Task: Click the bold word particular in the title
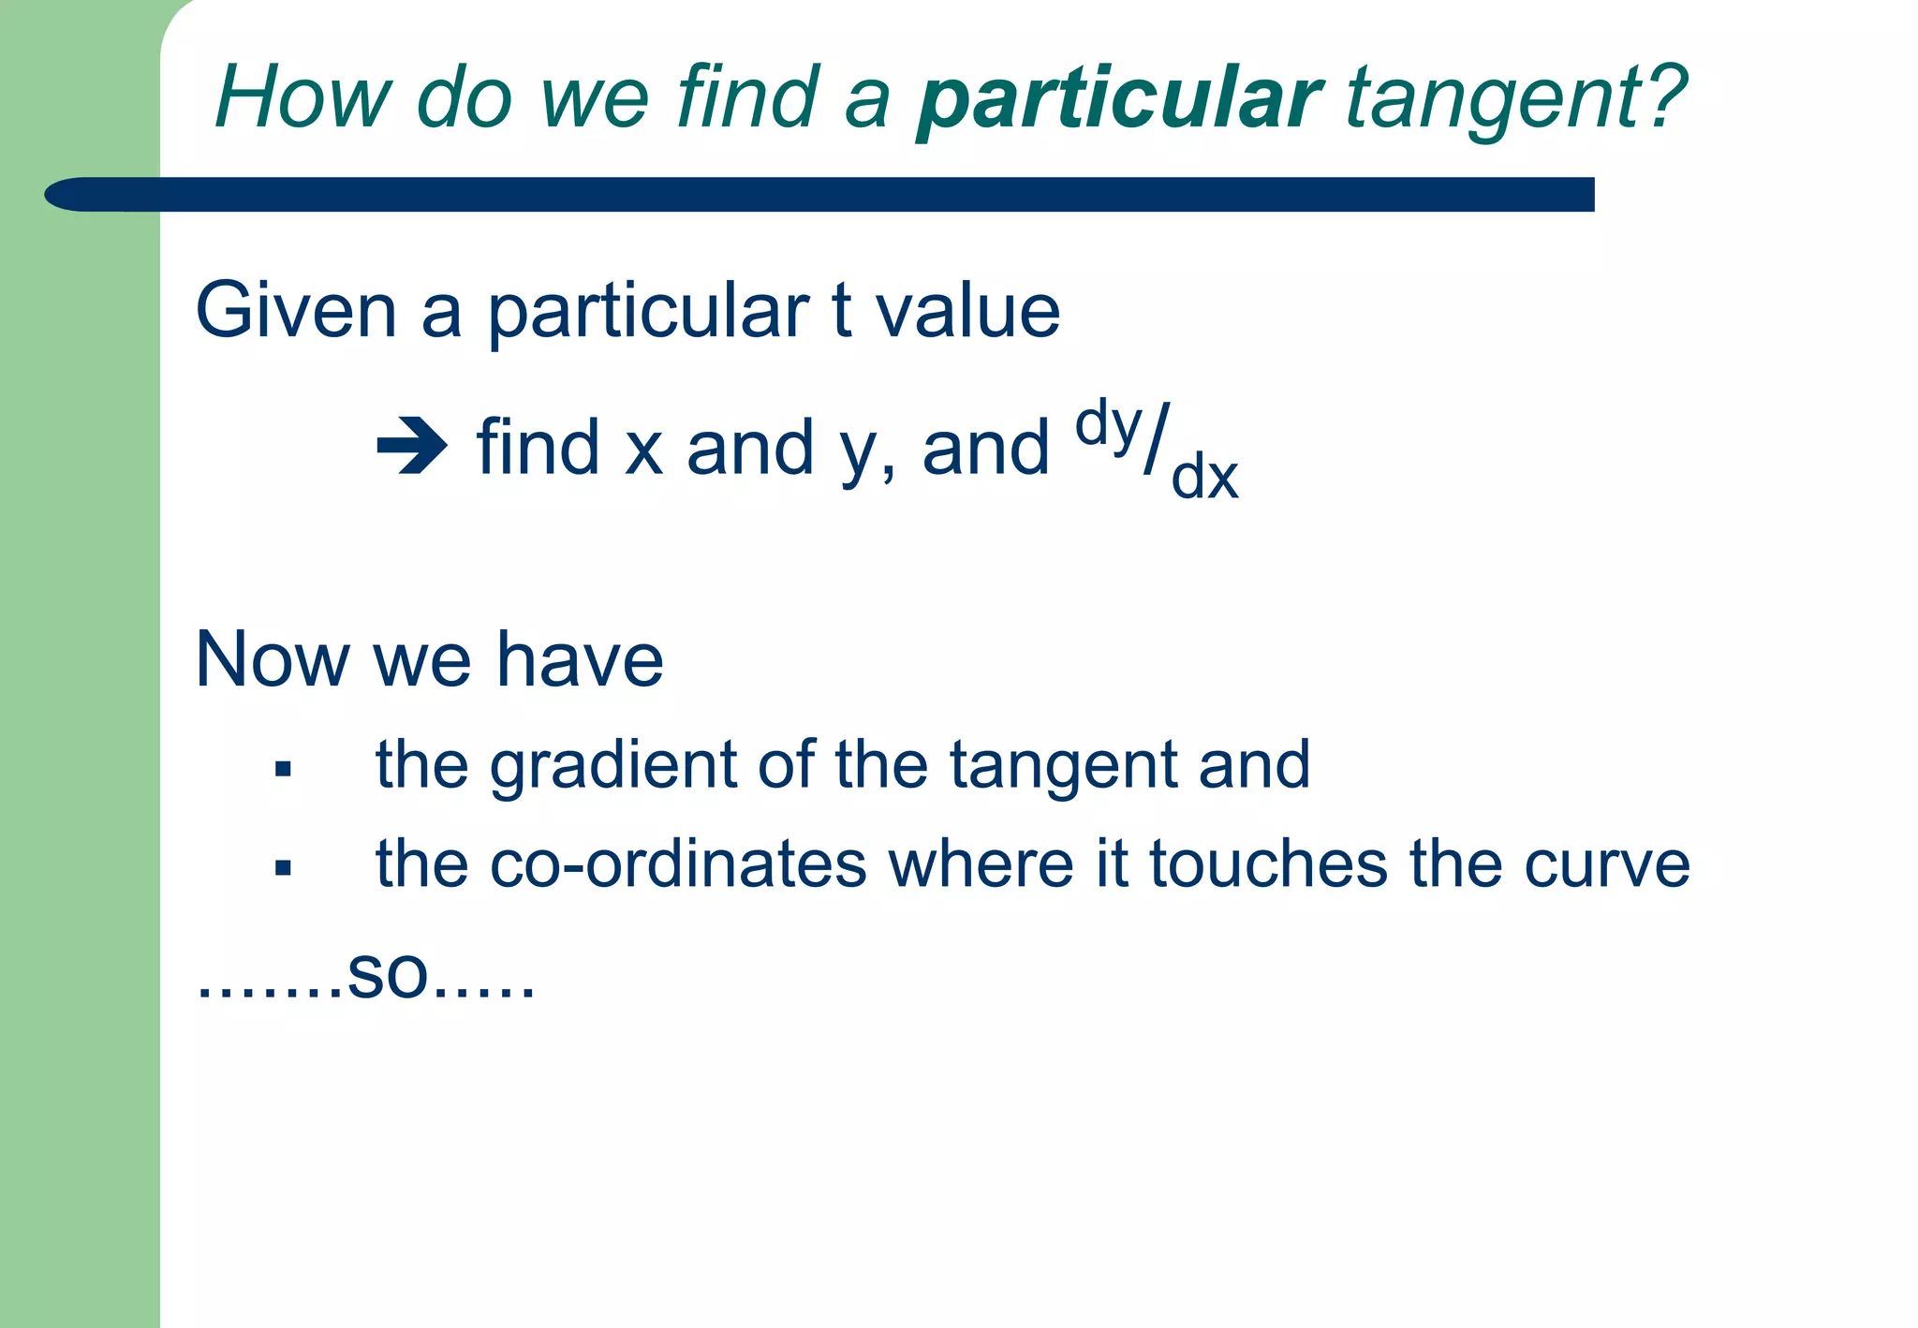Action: coord(1118,98)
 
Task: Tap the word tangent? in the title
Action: coord(1515,98)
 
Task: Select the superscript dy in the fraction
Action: coord(1108,426)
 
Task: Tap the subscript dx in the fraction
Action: coord(1204,478)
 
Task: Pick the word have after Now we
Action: coord(580,659)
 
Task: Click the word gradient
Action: coord(613,765)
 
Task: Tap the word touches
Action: coord(1268,863)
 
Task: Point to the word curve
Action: coord(1606,863)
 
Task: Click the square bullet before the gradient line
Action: coord(283,770)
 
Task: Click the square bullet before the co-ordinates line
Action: coord(283,868)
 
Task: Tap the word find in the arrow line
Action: coord(538,448)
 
